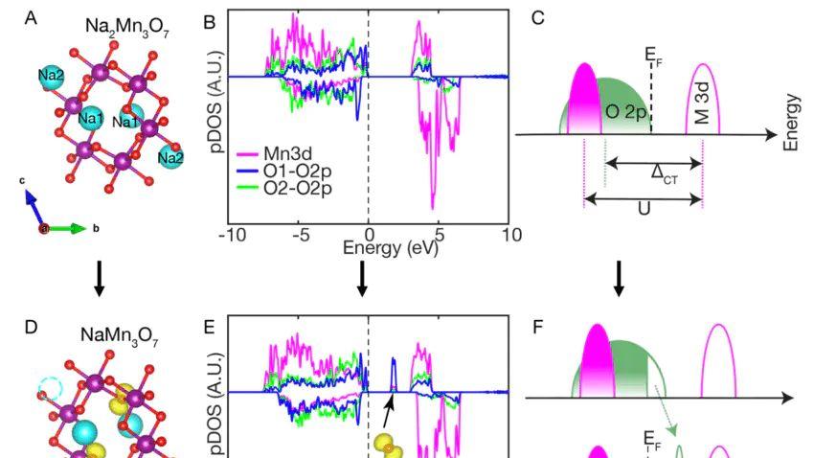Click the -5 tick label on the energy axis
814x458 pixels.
[301, 235]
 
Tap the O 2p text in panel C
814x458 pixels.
[626, 112]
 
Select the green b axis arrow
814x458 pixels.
[69, 228]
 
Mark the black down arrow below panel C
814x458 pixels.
[619, 276]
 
